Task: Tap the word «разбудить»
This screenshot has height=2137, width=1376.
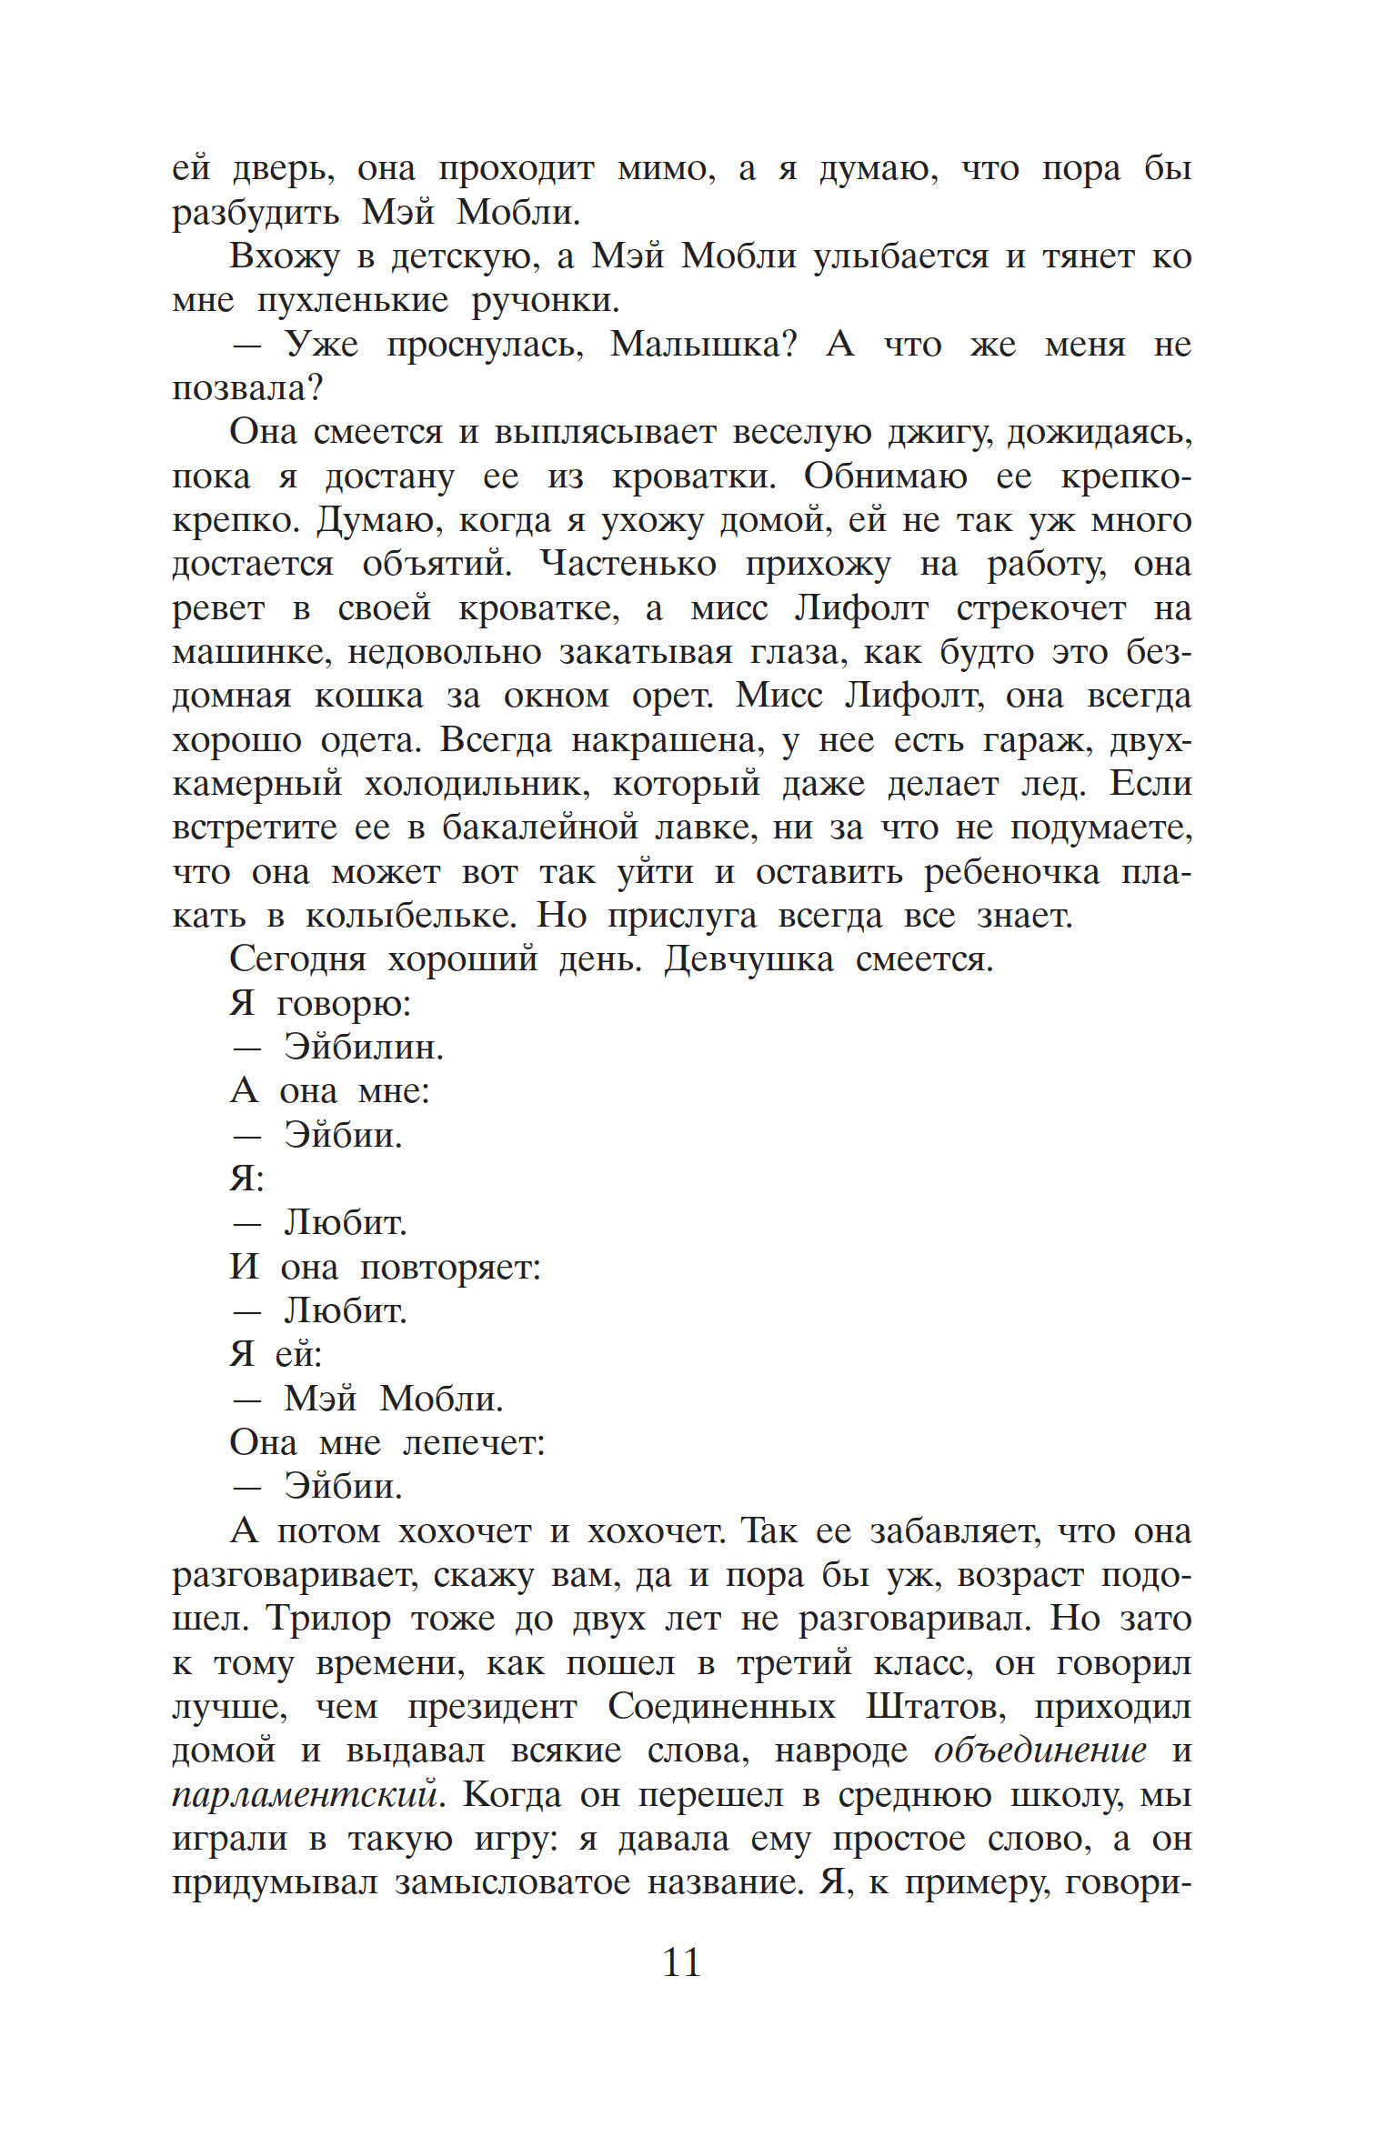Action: (256, 213)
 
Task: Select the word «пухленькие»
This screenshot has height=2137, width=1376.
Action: (353, 300)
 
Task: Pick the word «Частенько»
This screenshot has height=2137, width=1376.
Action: (628, 565)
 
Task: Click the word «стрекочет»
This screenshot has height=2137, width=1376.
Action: (1040, 608)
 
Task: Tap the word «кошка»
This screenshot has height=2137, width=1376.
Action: (368, 697)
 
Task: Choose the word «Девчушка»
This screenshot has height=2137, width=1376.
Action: (748, 959)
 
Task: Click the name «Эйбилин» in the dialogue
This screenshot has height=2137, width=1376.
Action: (364, 1048)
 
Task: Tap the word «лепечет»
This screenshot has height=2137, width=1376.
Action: (474, 1443)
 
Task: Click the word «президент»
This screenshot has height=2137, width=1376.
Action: (492, 1707)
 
